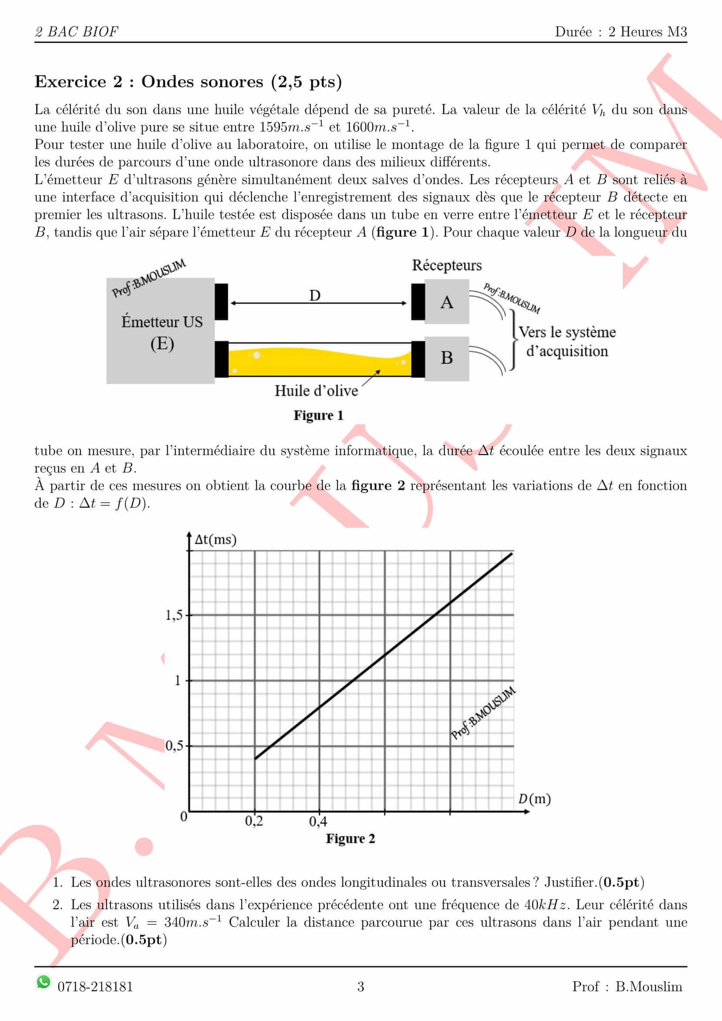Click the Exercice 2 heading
pyautogui.click(x=188, y=82)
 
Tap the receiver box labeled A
pyautogui.click(x=446, y=302)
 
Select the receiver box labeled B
pyautogui.click(x=446, y=358)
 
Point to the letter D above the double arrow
pyautogui.click(x=315, y=296)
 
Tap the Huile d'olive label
pyautogui.click(x=316, y=391)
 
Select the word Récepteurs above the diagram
pyautogui.click(x=447, y=265)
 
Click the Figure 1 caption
pyautogui.click(x=319, y=415)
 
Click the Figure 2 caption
pyautogui.click(x=351, y=838)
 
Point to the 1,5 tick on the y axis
pyautogui.click(x=174, y=615)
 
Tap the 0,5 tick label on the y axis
pyautogui.click(x=174, y=745)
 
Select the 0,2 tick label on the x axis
pyautogui.click(x=254, y=821)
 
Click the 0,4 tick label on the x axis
pyautogui.click(x=318, y=821)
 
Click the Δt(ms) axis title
pyautogui.click(x=215, y=540)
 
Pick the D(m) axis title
pyautogui.click(x=534, y=799)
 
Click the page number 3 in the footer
pyautogui.click(x=361, y=987)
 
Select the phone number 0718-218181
pyautogui.click(x=95, y=987)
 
